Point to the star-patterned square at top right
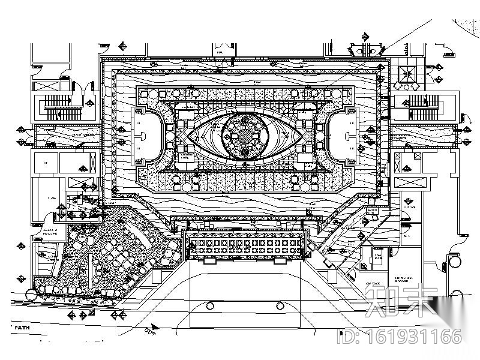pos(408,74)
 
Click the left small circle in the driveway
pos(210,305)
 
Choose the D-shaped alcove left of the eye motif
pos(146,136)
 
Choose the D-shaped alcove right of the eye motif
pos(343,136)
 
